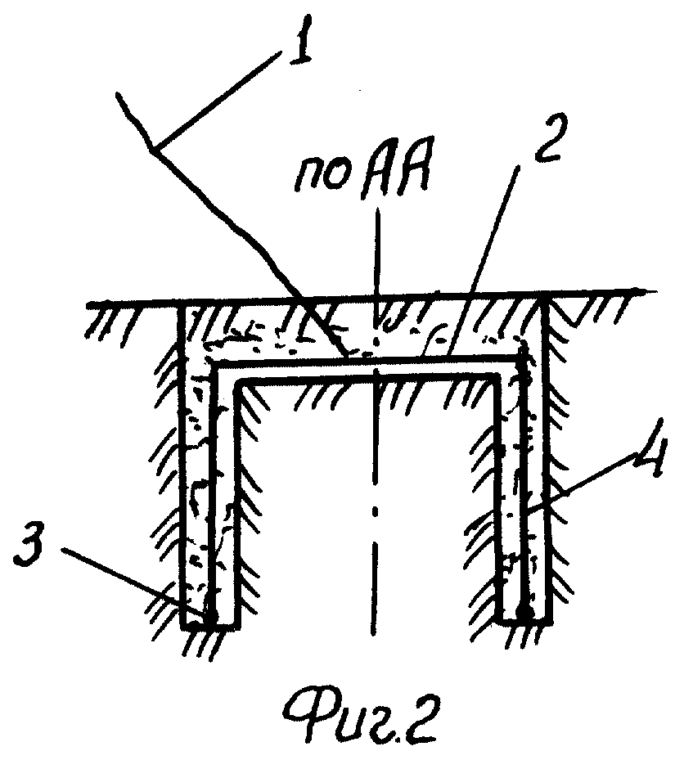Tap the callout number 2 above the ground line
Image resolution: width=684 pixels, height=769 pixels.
click(547, 138)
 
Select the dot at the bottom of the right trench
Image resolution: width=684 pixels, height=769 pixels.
click(525, 612)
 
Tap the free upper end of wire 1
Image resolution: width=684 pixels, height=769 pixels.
click(118, 95)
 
